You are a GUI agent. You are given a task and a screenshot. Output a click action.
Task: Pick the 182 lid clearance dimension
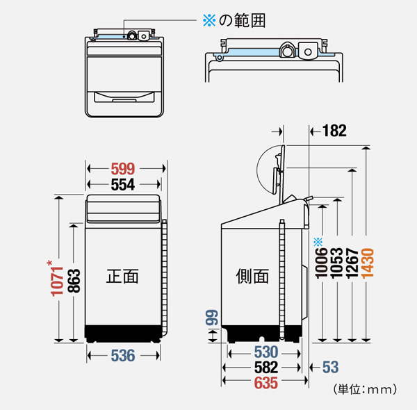334,131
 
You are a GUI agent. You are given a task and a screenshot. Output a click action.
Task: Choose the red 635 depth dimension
266,383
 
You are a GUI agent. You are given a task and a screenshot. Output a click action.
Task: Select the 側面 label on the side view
252,276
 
